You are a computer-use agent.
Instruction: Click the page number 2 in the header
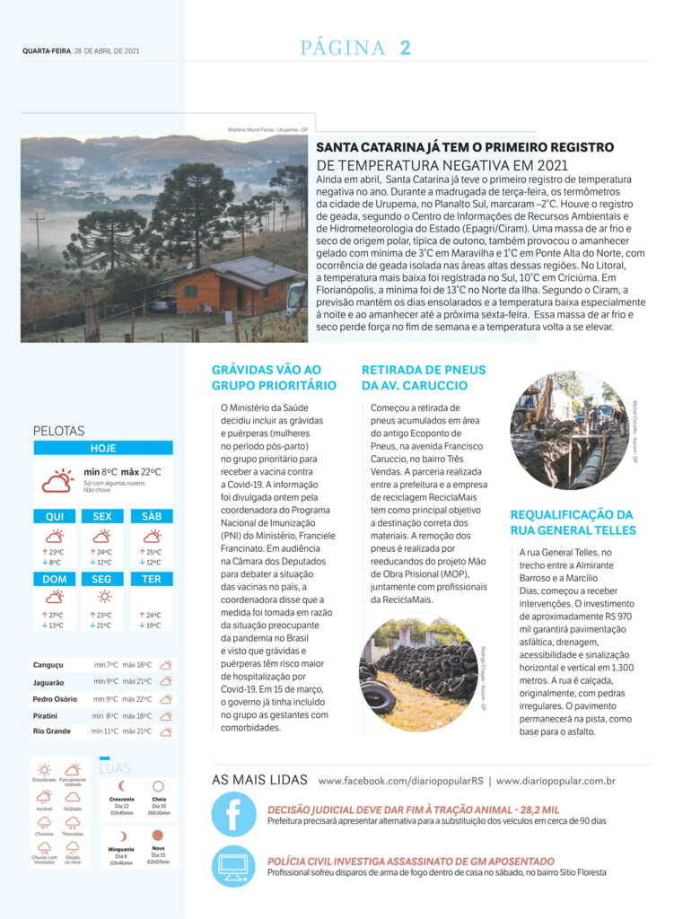click(405, 48)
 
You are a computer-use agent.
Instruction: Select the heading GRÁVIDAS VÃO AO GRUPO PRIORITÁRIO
click(274, 378)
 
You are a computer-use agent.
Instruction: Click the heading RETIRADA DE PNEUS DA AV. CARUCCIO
click(424, 378)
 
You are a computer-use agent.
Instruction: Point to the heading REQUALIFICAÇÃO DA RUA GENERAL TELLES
click(573, 522)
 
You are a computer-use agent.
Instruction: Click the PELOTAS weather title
click(58, 431)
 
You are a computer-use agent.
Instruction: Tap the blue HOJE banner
click(103, 448)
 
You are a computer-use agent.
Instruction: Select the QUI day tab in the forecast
click(54, 516)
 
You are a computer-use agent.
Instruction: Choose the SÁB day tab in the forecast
click(152, 516)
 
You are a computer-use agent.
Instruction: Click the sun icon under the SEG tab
click(103, 596)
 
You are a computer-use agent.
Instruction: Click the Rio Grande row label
click(51, 731)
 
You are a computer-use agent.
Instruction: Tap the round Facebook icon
click(233, 815)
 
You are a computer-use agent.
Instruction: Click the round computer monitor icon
click(233, 866)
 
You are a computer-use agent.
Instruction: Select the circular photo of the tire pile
click(417, 673)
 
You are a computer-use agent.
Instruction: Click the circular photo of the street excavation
click(569, 431)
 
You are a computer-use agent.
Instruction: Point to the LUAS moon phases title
click(116, 769)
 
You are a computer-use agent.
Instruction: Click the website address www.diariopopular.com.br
click(556, 781)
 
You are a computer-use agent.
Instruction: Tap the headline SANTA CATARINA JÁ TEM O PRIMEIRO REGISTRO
click(465, 147)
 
